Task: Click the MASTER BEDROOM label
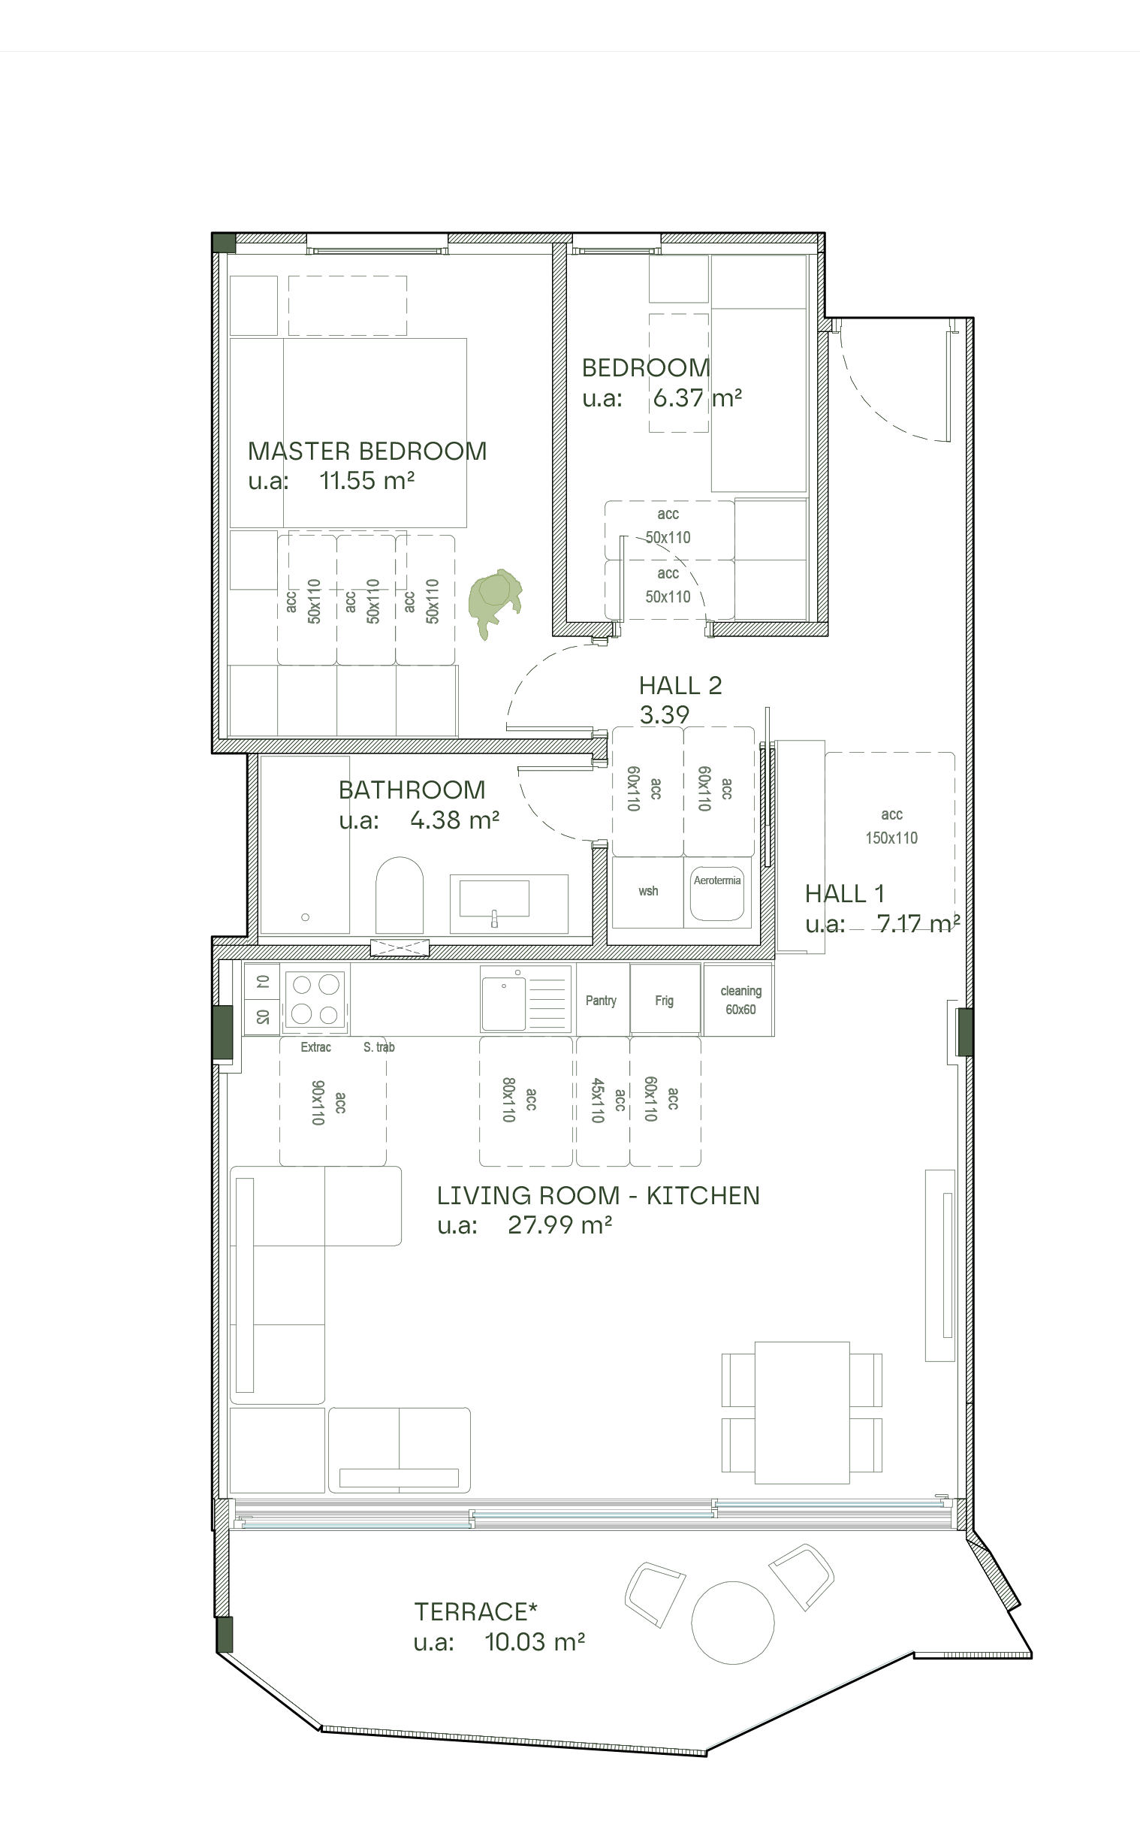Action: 367,451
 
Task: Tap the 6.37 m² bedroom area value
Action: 697,397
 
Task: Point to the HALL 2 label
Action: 680,684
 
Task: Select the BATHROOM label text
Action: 412,790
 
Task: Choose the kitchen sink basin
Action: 503,1003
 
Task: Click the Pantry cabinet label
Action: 601,1001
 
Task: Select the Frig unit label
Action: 664,1001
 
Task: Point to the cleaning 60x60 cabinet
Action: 740,1000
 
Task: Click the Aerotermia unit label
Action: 716,880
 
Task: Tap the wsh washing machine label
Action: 647,891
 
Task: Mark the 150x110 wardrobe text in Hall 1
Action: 891,838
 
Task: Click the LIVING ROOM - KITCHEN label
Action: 598,1195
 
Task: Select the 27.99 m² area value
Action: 559,1225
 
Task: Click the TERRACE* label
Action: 476,1611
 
